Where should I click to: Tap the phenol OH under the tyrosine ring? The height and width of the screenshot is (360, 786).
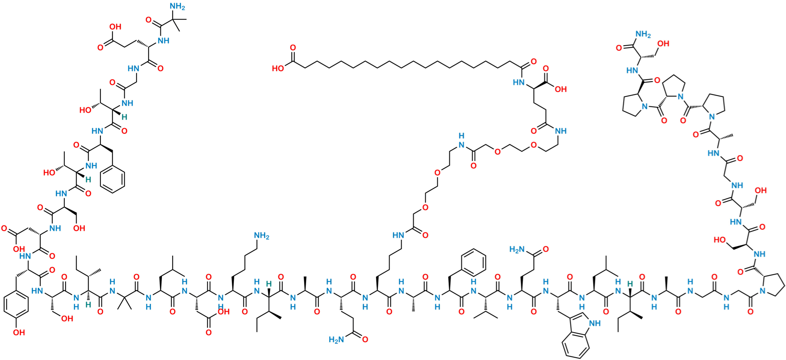[19, 332]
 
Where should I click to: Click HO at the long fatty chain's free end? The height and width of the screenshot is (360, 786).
[278, 68]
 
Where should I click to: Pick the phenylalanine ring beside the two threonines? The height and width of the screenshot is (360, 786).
[112, 179]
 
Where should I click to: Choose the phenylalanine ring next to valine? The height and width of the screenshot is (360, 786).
[474, 262]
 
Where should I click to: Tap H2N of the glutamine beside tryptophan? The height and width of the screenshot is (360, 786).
[517, 249]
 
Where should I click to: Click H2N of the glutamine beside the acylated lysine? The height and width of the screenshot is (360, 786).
[336, 339]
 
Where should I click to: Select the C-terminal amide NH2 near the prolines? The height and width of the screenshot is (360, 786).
[643, 35]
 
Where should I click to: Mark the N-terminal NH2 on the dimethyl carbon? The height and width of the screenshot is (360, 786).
[177, 6]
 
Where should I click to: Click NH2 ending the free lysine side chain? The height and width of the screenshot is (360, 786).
[262, 236]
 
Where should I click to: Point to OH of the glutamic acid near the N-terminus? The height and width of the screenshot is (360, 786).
[115, 27]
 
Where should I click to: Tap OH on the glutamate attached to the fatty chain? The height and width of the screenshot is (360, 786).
[561, 89]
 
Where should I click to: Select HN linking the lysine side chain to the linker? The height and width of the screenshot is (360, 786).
[398, 235]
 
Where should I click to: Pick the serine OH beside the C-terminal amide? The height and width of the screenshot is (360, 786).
[663, 43]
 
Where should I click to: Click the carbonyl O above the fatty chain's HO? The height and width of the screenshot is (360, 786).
[293, 48]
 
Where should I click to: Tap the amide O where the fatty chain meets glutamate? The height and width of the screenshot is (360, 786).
[534, 62]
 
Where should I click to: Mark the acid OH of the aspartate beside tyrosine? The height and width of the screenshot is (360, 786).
[19, 249]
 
